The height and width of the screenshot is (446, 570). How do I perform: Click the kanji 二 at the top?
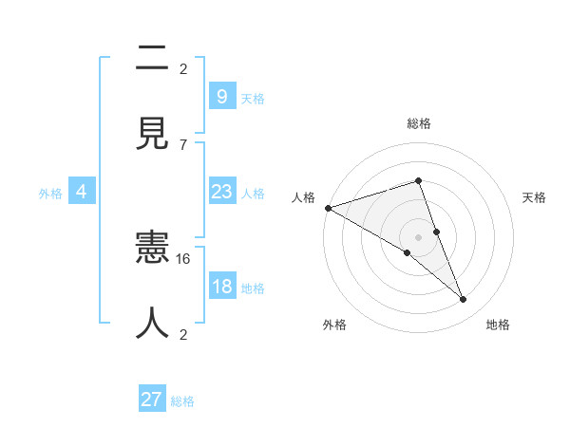coord(152,59)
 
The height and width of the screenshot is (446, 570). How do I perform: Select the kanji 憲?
coord(152,250)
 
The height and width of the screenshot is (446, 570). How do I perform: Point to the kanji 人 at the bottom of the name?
coord(152,323)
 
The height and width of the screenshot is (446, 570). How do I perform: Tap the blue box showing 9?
coord(221,97)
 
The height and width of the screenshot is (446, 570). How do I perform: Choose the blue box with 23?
coord(221,192)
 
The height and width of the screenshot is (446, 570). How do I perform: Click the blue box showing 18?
coord(221,287)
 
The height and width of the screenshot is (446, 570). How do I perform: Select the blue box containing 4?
coord(82,192)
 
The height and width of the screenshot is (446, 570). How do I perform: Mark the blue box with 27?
coord(152,400)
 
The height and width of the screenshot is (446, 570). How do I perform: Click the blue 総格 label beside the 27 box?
coord(182,401)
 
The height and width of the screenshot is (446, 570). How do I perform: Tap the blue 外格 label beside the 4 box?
coord(50,193)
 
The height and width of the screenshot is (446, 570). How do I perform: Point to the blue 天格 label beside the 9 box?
coord(253,98)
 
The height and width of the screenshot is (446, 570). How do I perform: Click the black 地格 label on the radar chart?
coord(498,325)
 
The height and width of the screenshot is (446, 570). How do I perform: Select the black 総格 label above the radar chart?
coord(419,123)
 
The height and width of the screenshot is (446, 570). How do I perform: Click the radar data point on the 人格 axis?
coord(328,208)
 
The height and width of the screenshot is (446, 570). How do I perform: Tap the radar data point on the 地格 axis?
coord(463,299)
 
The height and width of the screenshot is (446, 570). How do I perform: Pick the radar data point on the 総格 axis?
coord(418,180)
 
